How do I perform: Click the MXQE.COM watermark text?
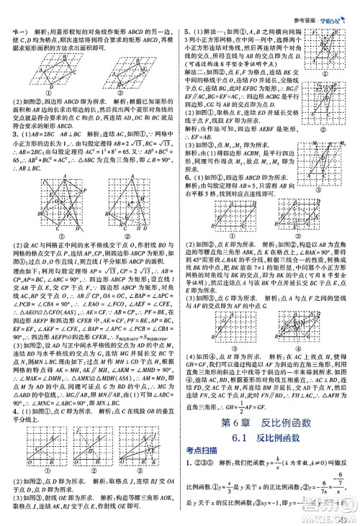click(x=328, y=515)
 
